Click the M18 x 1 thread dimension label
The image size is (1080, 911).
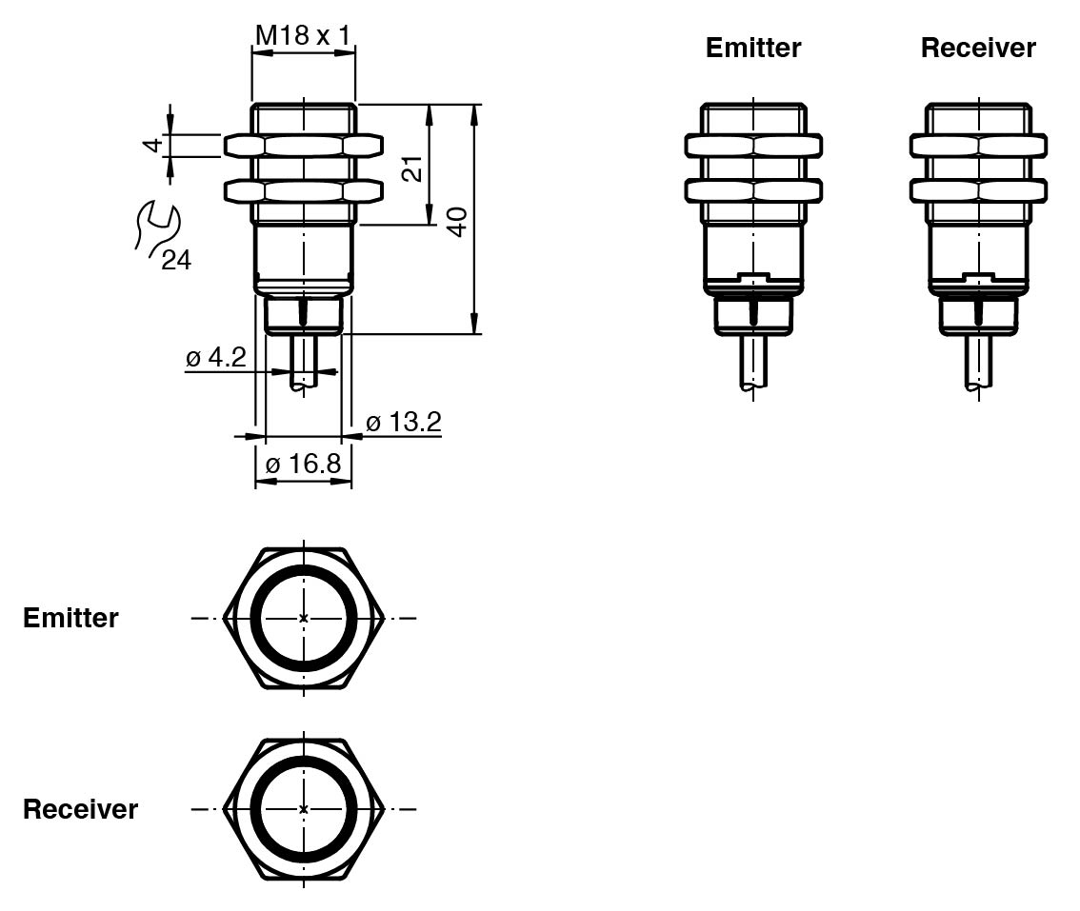(x=303, y=36)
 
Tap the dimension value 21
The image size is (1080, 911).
(x=410, y=169)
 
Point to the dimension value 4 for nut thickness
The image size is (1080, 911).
(x=150, y=146)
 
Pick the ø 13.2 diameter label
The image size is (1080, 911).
(x=404, y=422)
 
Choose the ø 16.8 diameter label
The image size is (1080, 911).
(x=303, y=464)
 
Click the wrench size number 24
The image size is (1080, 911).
(x=175, y=260)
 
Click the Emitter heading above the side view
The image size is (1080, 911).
(x=753, y=48)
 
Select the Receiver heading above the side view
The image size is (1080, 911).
(x=978, y=48)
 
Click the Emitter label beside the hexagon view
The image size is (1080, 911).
(x=70, y=618)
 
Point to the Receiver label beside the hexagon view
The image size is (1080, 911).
(x=80, y=809)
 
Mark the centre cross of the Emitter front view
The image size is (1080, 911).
(x=304, y=618)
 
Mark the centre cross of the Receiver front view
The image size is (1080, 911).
(x=304, y=809)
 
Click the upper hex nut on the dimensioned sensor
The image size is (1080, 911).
(x=304, y=146)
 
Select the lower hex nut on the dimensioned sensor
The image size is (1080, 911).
(x=304, y=190)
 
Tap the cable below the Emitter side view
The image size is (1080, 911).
(x=753, y=362)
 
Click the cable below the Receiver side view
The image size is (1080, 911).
(x=978, y=362)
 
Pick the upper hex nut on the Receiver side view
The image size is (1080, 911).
(x=978, y=146)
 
